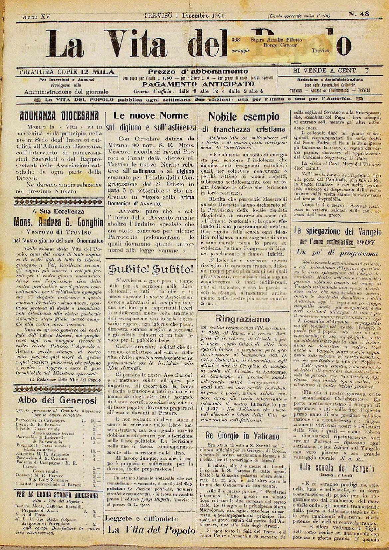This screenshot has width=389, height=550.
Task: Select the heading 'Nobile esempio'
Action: (244, 117)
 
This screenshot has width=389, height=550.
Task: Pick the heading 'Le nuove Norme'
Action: (151, 116)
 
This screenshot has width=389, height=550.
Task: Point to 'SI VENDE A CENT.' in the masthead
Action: (325, 71)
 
